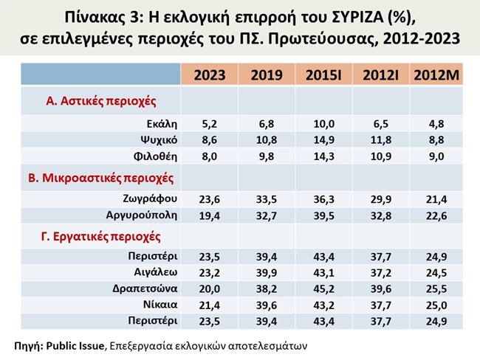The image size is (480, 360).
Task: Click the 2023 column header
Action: point(209,75)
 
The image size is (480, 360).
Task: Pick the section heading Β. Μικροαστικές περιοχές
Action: point(110,177)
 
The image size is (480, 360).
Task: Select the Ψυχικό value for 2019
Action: point(265,139)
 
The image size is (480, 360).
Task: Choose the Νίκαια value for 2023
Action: point(209,304)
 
